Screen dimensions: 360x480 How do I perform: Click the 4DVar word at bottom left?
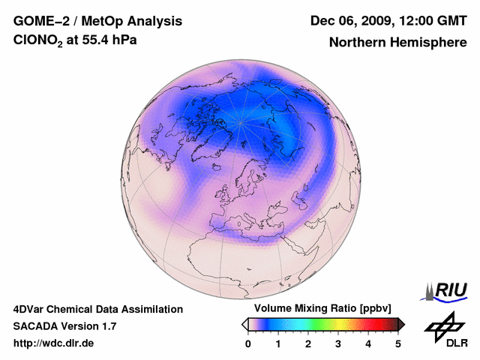33,309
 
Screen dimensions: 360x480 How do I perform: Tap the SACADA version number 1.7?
107,326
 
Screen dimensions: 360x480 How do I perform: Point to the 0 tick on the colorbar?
248,343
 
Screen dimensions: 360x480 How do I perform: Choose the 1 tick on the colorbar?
278,343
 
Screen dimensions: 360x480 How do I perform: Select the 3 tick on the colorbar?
338,343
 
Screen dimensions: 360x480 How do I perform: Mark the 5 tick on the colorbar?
398,343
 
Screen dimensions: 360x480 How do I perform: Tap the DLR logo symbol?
442,325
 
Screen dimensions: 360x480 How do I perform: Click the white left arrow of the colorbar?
244,324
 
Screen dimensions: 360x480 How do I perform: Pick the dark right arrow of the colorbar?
401,324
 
